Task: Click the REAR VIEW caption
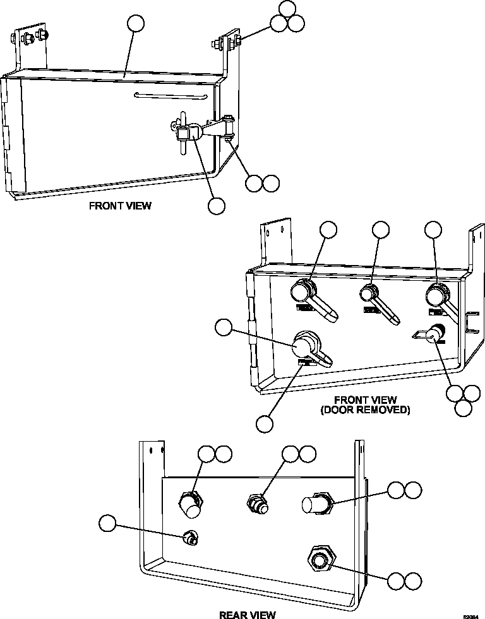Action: click(x=247, y=615)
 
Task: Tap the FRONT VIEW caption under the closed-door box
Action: click(x=120, y=206)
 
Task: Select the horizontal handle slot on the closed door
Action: click(x=171, y=95)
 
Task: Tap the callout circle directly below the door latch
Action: click(x=217, y=206)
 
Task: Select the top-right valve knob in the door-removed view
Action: click(x=436, y=294)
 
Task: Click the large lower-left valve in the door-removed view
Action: click(x=306, y=346)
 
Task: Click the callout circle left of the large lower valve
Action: click(x=224, y=327)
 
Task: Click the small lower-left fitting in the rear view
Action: click(x=188, y=538)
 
